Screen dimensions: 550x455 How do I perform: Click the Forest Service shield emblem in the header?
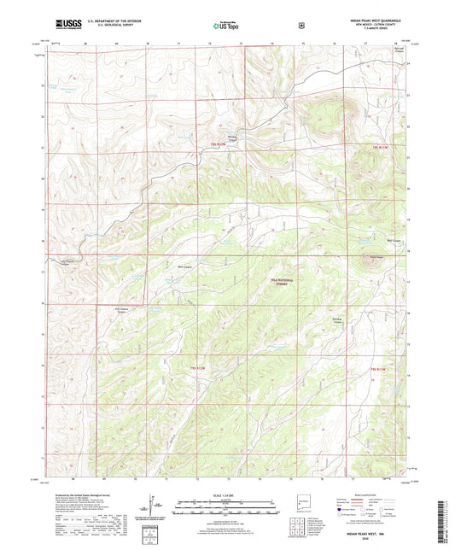[301, 25]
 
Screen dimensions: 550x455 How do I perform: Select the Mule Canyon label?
[182, 267]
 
